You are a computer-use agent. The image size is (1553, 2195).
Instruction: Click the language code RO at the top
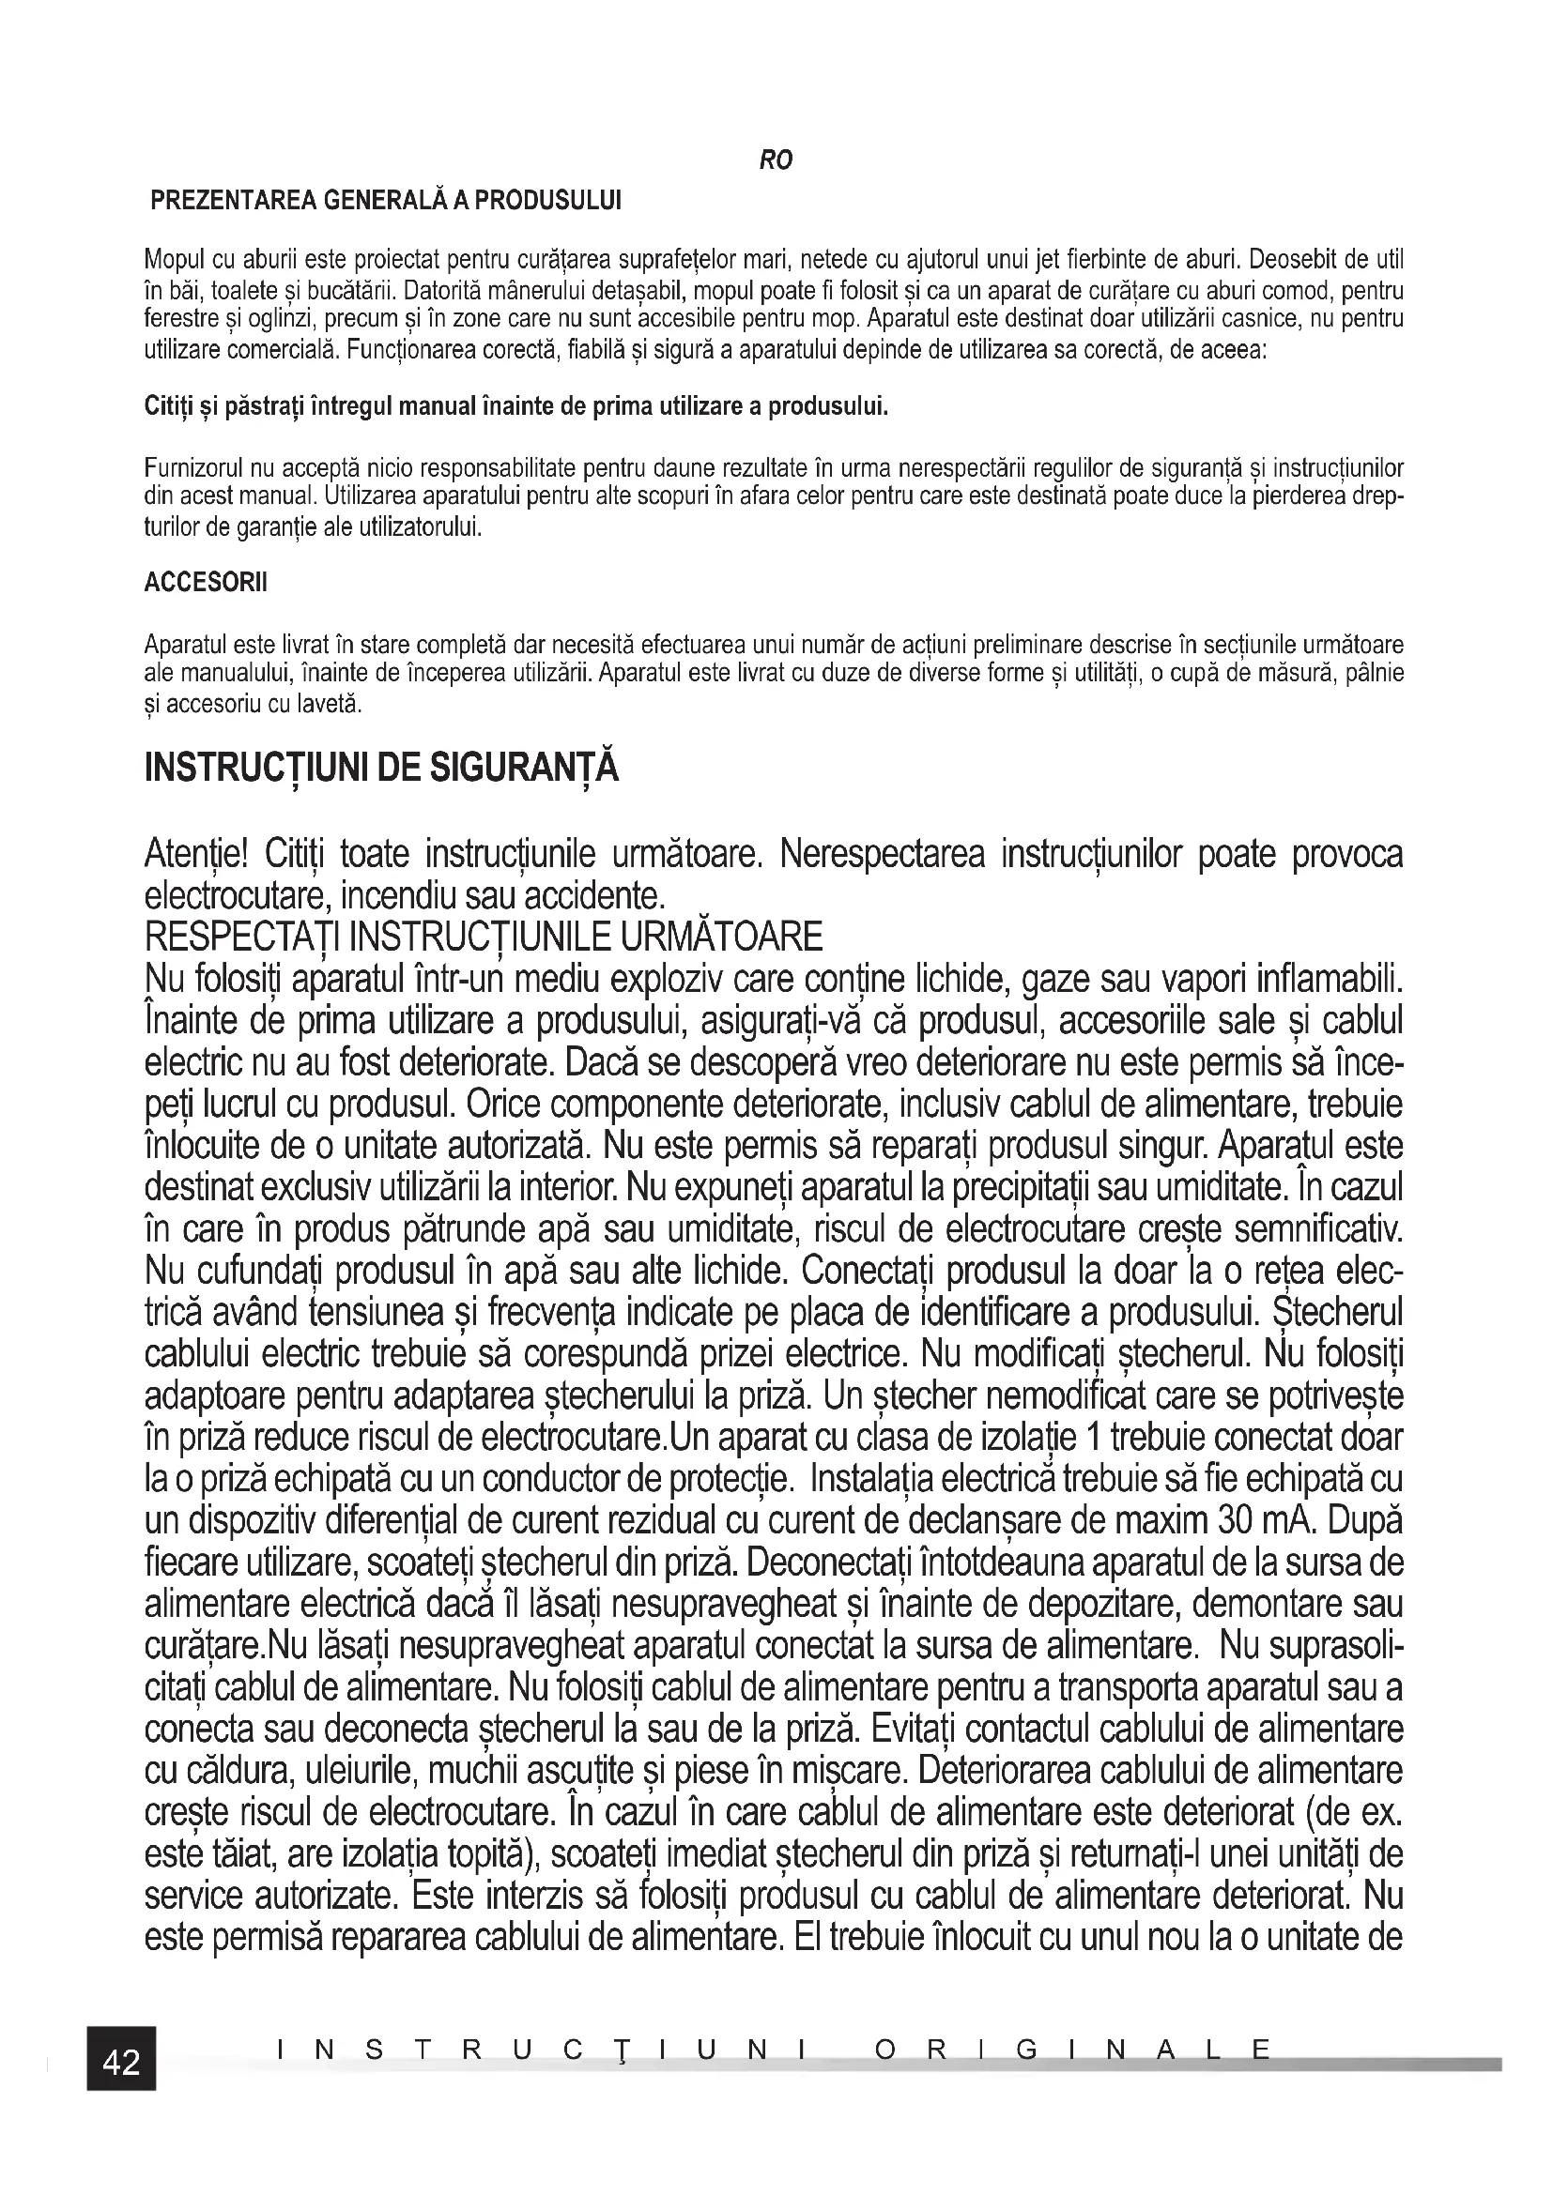776,161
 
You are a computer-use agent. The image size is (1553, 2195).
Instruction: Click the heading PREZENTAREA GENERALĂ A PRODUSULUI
386,201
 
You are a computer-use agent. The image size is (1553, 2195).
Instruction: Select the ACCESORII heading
206,582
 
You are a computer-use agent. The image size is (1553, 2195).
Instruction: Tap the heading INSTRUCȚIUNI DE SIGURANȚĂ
381,768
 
